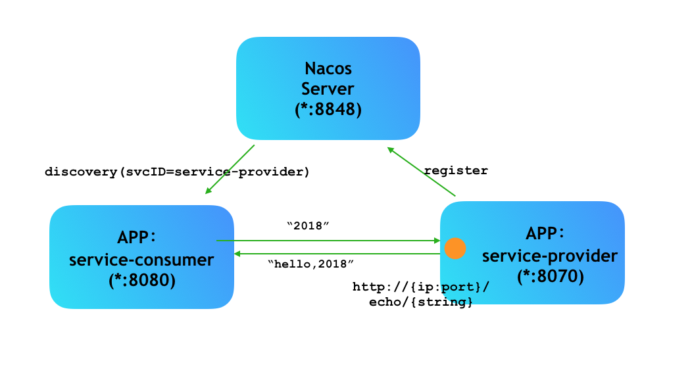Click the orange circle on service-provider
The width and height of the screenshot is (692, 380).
pos(455,249)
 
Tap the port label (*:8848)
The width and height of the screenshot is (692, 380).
pos(328,109)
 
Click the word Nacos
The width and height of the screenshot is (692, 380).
pos(328,68)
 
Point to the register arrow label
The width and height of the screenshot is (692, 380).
pos(456,171)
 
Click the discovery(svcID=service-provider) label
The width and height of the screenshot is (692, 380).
pos(177,172)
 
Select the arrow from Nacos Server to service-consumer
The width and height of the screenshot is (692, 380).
pos(230,170)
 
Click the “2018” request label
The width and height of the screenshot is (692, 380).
pos(308,226)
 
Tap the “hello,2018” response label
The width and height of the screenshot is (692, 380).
pos(311,264)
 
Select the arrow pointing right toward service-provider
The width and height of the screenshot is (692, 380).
pos(329,241)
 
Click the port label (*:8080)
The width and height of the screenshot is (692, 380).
pos(141,280)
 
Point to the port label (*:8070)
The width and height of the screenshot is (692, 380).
pos(550,276)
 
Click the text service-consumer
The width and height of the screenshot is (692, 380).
pos(141,260)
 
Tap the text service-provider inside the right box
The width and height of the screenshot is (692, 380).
pos(550,255)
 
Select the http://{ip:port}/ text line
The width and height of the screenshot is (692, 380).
pos(421,287)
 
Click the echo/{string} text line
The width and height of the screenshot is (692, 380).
pos(421,302)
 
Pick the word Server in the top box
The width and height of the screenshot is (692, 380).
pos(328,89)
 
